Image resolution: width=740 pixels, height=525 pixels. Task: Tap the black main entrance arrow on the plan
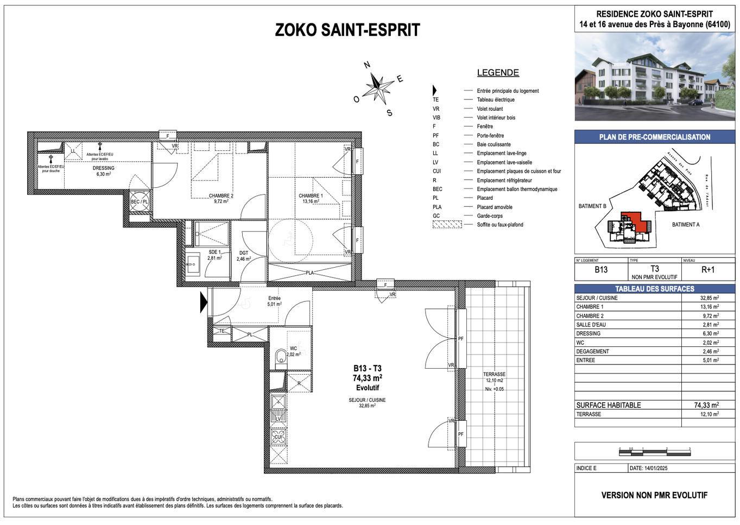click(204, 302)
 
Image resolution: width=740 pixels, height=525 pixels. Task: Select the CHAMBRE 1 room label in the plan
click(311, 196)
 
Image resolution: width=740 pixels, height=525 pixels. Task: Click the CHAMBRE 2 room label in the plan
click(221, 196)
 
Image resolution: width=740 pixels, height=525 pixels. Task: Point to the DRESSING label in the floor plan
click(103, 168)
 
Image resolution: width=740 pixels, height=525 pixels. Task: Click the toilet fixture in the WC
click(280, 356)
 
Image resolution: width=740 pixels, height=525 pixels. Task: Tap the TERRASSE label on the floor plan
click(494, 374)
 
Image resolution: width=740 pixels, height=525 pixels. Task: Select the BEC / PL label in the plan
click(139, 202)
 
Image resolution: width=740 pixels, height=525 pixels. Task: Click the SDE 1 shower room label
click(214, 252)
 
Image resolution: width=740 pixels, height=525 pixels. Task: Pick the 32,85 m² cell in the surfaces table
click(709, 298)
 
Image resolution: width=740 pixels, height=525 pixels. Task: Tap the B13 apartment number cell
click(601, 270)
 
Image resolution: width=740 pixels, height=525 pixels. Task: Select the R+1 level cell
click(708, 270)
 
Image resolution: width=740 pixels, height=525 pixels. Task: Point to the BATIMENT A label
click(686, 225)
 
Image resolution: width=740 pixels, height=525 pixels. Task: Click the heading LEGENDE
click(498, 73)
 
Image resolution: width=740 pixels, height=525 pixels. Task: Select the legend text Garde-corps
click(490, 216)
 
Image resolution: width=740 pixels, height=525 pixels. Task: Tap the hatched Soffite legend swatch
click(447, 225)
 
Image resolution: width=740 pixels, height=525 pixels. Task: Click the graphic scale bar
click(654, 452)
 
